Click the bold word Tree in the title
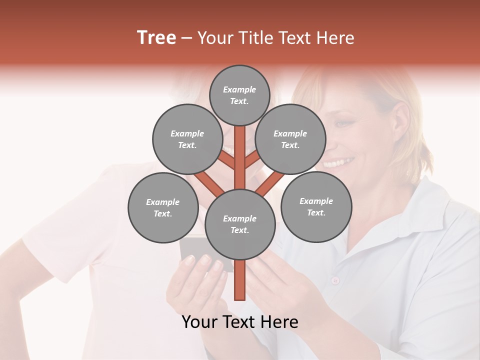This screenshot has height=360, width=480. coord(156,37)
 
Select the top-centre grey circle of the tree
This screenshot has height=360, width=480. coord(239,95)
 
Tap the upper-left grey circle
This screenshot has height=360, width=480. coord(187,139)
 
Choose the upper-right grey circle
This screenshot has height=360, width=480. coord(290,139)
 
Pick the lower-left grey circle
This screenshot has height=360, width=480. coord(163,207)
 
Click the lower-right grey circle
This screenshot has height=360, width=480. coord(316,206)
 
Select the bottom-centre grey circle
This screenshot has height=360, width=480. coord(239,224)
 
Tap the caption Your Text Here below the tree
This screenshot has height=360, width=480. coord(239,322)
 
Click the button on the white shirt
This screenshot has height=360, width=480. coord(335,279)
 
